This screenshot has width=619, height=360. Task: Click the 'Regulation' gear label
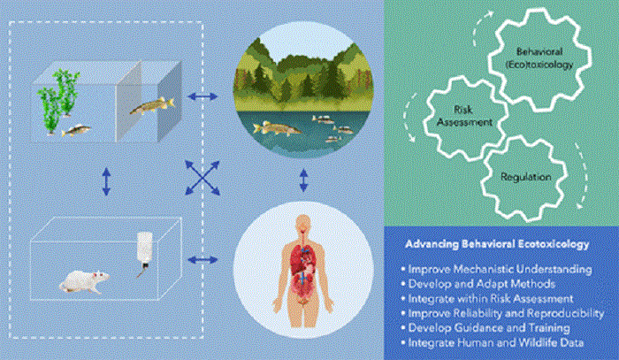coord(526,178)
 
